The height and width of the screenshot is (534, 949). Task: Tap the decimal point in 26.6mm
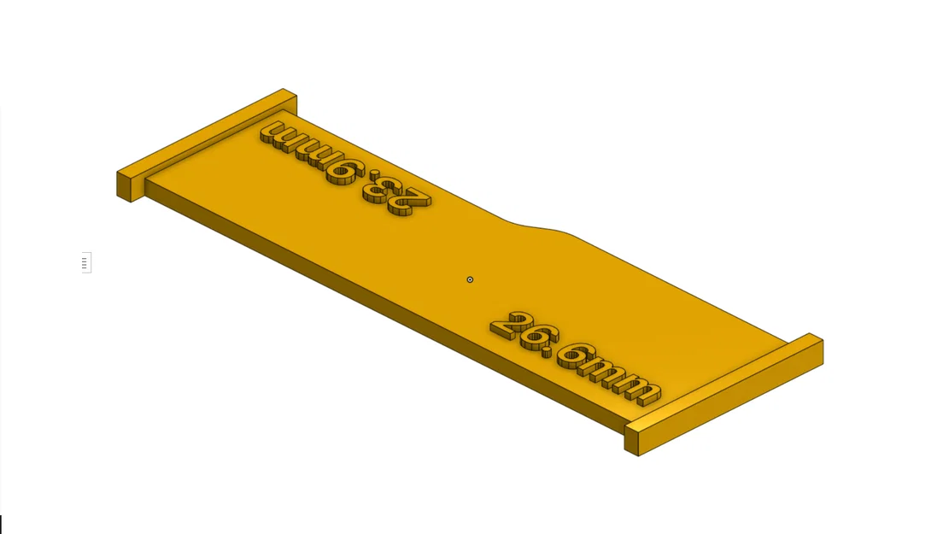pyautogui.click(x=548, y=352)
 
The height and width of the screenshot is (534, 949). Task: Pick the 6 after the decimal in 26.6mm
pyautogui.click(x=576, y=357)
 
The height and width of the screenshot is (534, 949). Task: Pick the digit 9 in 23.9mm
pyautogui.click(x=343, y=172)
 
